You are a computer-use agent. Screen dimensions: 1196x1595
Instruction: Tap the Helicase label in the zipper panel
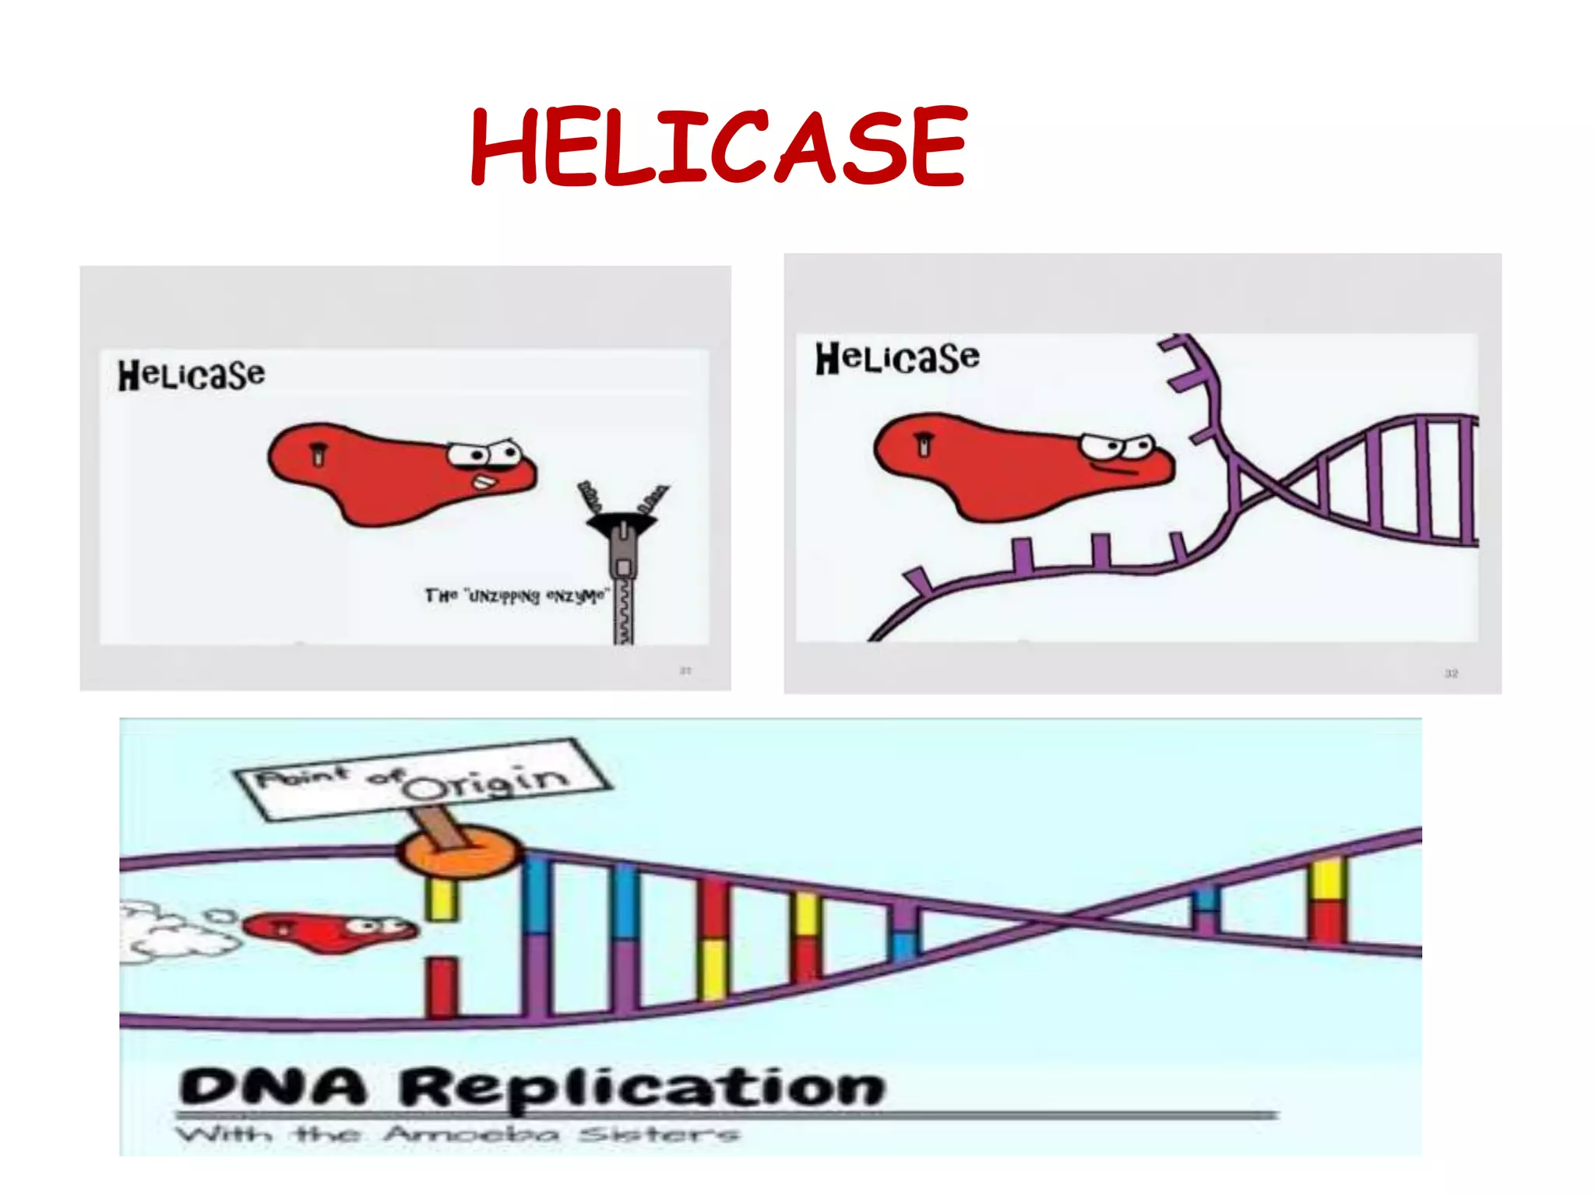tap(192, 375)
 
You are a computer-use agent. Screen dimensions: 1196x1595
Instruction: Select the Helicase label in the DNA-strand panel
tap(897, 357)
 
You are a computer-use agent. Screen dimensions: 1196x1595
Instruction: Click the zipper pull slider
tap(623, 549)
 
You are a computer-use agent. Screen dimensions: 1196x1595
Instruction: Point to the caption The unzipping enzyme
tap(516, 596)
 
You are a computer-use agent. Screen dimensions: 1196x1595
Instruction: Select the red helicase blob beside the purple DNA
tap(1005, 467)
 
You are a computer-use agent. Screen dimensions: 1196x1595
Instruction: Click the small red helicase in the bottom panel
tap(327, 930)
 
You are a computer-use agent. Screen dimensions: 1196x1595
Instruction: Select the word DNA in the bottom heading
tap(273, 1087)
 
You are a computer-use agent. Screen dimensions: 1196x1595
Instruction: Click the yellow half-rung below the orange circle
tap(442, 899)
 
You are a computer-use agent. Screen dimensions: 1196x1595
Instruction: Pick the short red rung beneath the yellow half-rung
tap(442, 987)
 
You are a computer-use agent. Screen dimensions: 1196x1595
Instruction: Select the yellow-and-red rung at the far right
tap(1327, 901)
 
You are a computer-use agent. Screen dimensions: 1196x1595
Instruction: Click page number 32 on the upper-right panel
tap(1451, 674)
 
